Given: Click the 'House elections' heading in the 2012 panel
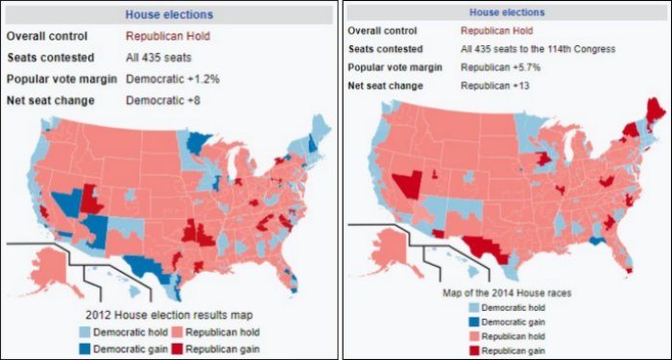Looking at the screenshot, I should click(169, 14).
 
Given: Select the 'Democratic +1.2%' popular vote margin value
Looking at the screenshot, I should click(173, 78).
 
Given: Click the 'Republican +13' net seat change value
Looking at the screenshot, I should click(488, 85).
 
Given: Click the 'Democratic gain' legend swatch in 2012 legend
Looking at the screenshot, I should click(88, 348).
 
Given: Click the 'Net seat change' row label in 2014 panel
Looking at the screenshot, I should click(387, 85).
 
